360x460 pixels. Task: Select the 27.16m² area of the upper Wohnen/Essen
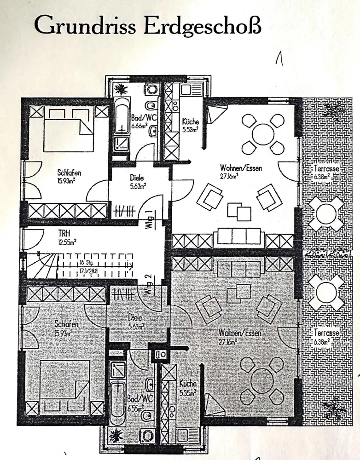tap(229, 175)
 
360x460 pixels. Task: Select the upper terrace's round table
tap(326, 213)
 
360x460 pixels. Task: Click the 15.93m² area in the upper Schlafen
tap(66, 180)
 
